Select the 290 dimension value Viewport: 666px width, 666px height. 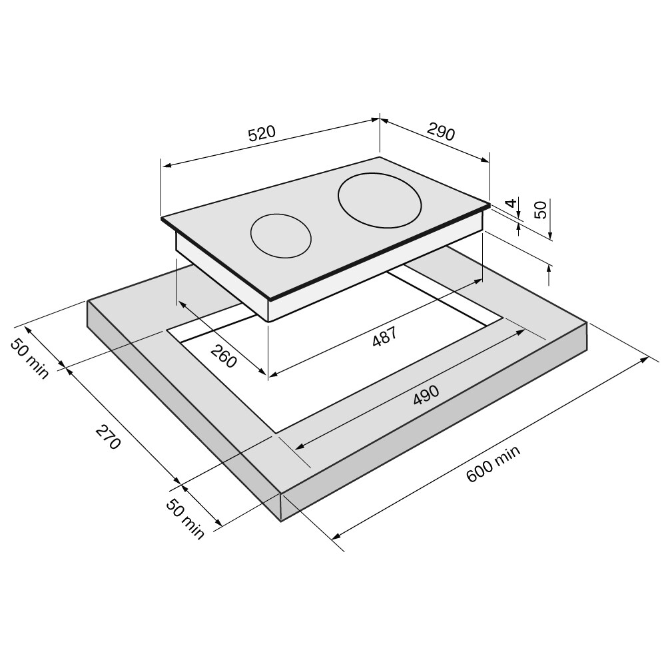click(x=441, y=132)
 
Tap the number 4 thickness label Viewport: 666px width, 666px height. click(x=512, y=202)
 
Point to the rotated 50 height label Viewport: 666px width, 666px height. click(x=541, y=210)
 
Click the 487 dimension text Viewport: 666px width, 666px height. click(x=384, y=336)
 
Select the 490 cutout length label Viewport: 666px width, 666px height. click(x=426, y=395)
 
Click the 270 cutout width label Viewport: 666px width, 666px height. click(x=109, y=437)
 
